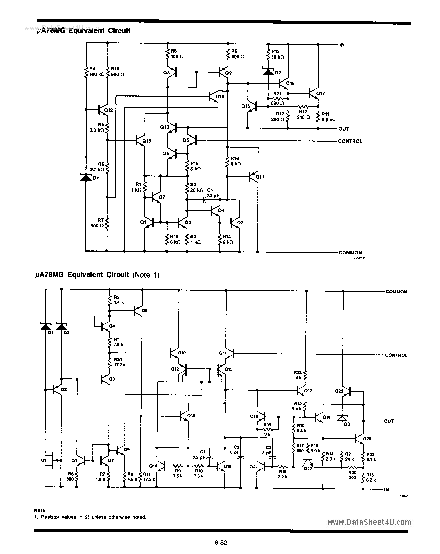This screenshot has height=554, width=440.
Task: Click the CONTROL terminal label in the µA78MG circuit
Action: [x=350, y=141]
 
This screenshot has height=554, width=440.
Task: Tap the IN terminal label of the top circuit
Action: [x=342, y=45]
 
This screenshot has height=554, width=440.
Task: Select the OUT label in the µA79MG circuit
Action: [x=389, y=421]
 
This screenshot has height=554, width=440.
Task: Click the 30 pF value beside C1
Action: [x=213, y=195]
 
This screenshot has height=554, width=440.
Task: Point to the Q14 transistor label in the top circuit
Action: [x=220, y=96]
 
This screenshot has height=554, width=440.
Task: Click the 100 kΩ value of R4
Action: [x=97, y=74]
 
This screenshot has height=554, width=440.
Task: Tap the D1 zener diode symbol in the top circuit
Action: [x=86, y=177]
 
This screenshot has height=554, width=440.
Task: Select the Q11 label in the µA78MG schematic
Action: [x=260, y=177]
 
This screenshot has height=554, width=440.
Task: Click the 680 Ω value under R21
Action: [x=277, y=103]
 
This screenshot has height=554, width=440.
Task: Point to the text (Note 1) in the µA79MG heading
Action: [x=146, y=275]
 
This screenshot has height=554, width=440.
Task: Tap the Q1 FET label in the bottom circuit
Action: [x=44, y=460]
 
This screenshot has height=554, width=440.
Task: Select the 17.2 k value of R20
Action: [x=120, y=365]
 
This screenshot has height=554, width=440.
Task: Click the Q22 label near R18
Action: [x=308, y=469]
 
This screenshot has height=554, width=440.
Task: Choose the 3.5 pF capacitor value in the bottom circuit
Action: [x=199, y=457]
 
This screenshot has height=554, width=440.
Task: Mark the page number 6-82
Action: [x=221, y=543]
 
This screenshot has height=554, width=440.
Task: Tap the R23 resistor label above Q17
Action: [x=298, y=373]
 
